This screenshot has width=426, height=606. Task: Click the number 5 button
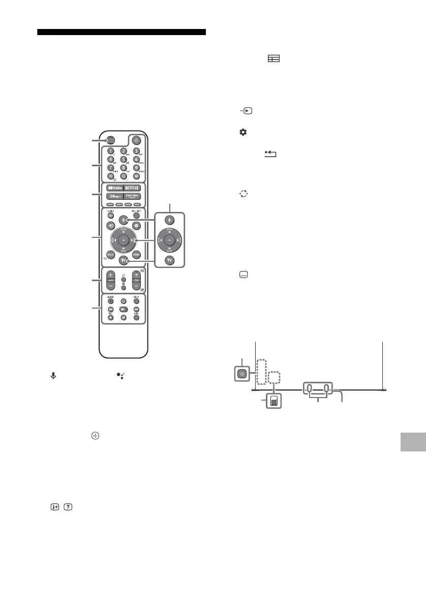tap(123, 159)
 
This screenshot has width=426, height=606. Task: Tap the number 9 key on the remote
tap(136, 167)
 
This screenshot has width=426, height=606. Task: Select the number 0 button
tap(123, 175)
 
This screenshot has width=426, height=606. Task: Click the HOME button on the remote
tap(136, 254)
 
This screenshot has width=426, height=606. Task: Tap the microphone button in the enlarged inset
tap(170, 220)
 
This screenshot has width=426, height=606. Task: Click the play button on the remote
tap(123, 309)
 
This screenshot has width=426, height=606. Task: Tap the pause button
tap(123, 318)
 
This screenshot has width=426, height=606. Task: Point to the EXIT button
tap(136, 318)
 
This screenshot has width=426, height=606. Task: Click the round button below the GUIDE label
tap(110, 216)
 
